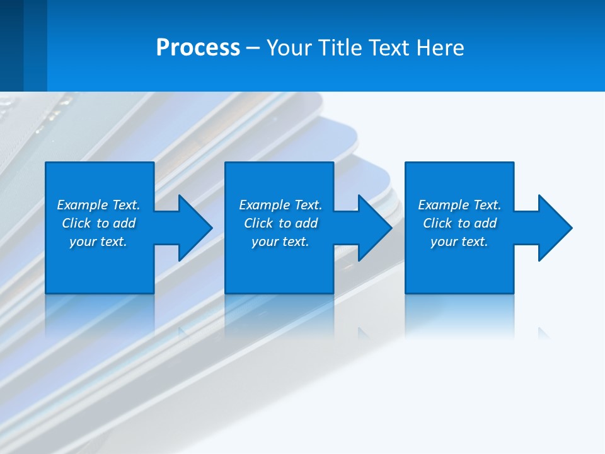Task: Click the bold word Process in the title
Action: point(198,48)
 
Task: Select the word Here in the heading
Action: point(441,48)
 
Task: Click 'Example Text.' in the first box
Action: point(98,205)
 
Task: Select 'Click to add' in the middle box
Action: point(280,223)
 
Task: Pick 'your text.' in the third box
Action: point(459,242)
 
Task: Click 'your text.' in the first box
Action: point(98,242)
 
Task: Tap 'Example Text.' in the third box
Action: point(459,205)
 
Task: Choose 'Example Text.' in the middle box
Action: point(280,205)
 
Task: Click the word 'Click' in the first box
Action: point(76,223)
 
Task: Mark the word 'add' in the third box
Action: point(486,223)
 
